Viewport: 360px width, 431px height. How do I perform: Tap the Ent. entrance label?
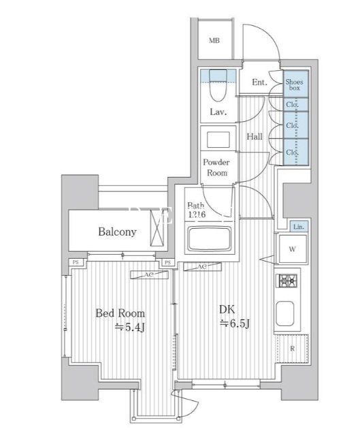(x=259, y=82)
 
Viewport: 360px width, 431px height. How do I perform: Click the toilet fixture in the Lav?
(x=218, y=84)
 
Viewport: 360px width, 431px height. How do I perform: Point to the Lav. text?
(x=218, y=112)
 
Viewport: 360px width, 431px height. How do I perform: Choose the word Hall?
(x=255, y=137)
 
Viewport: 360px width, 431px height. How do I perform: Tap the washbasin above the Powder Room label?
(x=218, y=140)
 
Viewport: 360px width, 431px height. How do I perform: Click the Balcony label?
(x=116, y=232)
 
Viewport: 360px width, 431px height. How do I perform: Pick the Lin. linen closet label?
(x=298, y=226)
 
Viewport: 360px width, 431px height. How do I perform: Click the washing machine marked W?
(x=292, y=249)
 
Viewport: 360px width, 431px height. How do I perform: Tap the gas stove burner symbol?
(x=287, y=280)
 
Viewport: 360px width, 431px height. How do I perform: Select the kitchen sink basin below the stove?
(x=287, y=315)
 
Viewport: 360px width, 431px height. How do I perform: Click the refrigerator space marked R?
(x=293, y=349)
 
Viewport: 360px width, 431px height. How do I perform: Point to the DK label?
(x=227, y=308)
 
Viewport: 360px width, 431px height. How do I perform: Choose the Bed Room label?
(x=120, y=313)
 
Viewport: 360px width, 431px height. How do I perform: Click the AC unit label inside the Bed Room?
(x=146, y=275)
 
